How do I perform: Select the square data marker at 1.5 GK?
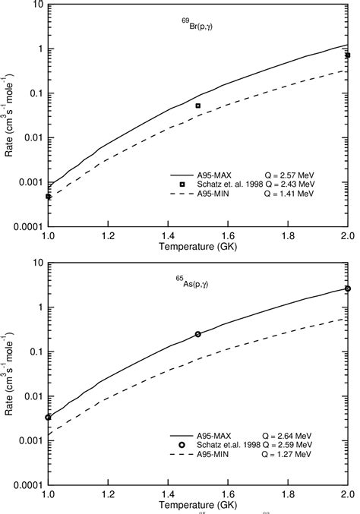coord(198,106)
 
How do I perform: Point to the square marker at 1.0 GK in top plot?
coord(49,197)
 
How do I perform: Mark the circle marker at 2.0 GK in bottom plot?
coord(348,289)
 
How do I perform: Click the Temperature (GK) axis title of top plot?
coord(198,247)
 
